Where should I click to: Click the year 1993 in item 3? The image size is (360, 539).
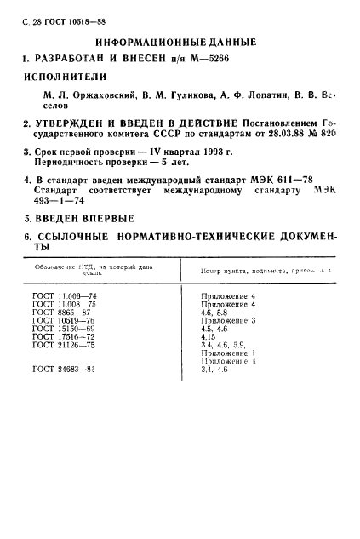(189, 152)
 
